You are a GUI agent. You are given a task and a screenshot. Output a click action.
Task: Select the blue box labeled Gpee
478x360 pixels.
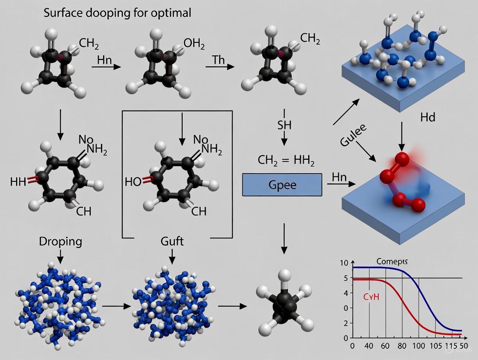pyautogui.click(x=282, y=185)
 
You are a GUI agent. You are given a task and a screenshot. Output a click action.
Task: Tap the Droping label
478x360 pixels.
pyautogui.click(x=60, y=241)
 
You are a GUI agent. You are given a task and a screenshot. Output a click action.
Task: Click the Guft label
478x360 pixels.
pyautogui.click(x=171, y=241)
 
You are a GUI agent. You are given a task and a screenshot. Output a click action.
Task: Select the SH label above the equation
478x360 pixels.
pyautogui.click(x=284, y=125)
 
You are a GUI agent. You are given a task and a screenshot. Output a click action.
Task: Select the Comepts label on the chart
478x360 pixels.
pyautogui.click(x=392, y=261)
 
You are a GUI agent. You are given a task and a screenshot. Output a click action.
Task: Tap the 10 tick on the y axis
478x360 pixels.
pyautogui.click(x=344, y=263)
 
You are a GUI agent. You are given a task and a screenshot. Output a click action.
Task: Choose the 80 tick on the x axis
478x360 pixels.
pyautogui.click(x=402, y=346)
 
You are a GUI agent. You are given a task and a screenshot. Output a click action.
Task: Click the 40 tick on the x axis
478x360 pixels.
pyautogui.click(x=369, y=346)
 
